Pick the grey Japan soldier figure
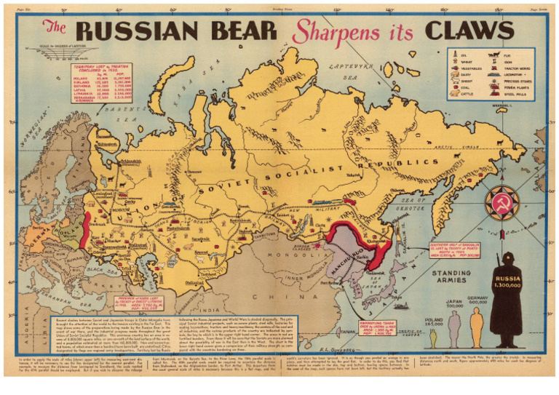(x=454, y=329)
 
